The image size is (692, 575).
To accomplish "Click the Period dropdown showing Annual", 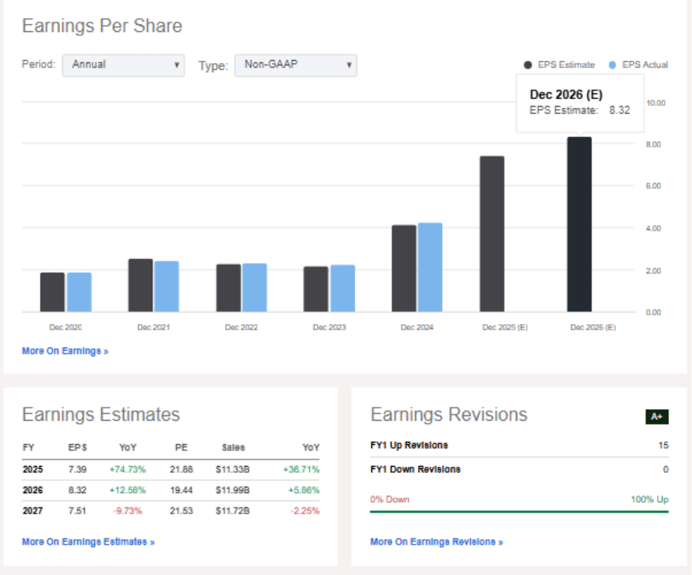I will [123, 65].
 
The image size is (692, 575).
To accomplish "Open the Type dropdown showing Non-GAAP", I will [295, 65].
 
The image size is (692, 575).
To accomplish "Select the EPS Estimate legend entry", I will [560, 65].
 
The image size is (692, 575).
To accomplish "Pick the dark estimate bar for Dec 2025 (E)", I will [491, 234].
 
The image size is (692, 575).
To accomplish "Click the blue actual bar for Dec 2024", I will [430, 267].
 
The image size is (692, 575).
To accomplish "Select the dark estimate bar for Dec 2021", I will [140, 285].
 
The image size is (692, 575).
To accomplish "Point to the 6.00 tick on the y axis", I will [653, 186].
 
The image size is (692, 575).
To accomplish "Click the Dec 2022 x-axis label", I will [241, 328].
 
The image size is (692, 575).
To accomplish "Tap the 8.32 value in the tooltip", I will [620, 110].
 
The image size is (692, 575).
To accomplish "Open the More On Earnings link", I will [65, 351].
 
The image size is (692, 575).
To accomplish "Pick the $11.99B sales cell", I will [232, 490].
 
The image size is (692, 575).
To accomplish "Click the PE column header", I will [181, 448].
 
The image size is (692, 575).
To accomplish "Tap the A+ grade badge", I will [657, 417].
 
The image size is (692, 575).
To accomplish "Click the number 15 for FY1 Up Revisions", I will [662, 446].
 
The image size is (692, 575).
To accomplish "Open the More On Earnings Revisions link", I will [436, 541].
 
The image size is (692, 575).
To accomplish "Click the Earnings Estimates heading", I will [100, 414].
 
